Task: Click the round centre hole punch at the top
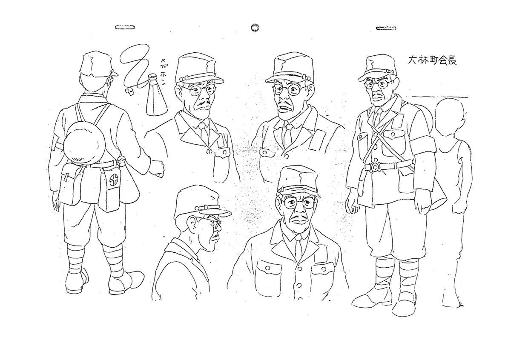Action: [255, 28]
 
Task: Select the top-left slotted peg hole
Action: [125, 27]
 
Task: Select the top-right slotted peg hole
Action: [386, 28]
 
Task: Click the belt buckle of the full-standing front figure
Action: [374, 167]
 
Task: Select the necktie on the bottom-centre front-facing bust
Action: [299, 247]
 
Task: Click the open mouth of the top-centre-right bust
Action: [284, 109]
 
